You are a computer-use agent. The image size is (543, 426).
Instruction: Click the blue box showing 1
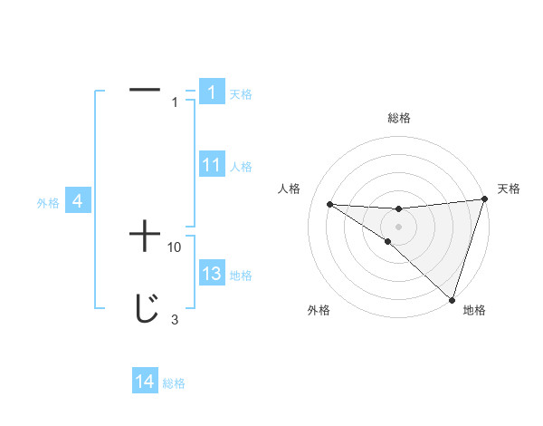211,92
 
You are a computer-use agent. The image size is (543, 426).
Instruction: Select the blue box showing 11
211,165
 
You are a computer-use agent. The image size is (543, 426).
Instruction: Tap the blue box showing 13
211,275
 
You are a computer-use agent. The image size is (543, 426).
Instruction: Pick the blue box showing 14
144,382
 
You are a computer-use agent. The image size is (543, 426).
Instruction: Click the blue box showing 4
78,202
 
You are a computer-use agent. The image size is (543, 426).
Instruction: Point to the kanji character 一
145,90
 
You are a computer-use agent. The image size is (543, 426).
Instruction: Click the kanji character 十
145,237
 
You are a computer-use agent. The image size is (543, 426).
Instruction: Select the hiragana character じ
145,310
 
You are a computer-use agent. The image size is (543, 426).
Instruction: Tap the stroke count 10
175,247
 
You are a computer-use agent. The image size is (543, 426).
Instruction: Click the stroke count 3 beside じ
174,319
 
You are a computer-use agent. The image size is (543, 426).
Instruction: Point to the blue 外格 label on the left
48,203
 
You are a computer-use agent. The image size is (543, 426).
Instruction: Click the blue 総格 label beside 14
174,383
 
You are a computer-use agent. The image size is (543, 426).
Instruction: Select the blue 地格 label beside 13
241,276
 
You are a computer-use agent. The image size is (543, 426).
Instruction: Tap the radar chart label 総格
398,118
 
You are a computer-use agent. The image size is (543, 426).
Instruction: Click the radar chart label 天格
509,189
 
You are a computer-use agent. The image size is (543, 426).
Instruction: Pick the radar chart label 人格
290,189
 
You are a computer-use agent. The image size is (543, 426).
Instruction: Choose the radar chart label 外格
319,310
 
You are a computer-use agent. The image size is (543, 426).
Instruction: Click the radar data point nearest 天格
484,199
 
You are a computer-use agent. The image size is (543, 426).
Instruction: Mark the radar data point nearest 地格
452,299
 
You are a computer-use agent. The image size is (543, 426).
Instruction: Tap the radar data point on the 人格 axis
329,204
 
